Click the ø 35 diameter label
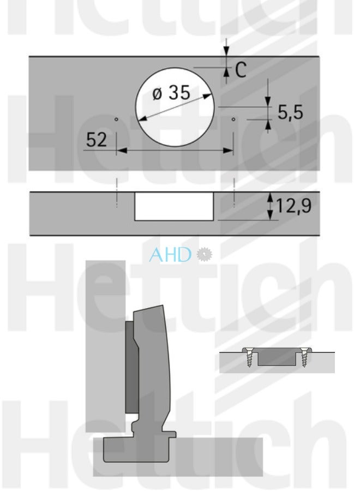click(x=171, y=93)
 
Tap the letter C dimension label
click(x=241, y=69)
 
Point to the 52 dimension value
click(x=97, y=140)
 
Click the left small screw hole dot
click(x=117, y=118)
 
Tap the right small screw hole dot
click(x=233, y=118)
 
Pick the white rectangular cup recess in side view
click(x=174, y=206)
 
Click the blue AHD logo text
click(x=171, y=254)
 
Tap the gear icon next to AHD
click(x=204, y=254)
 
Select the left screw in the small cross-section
click(x=250, y=358)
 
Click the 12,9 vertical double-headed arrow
click(x=269, y=206)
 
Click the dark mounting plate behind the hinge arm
click(x=131, y=367)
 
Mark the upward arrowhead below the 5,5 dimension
click(x=268, y=125)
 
